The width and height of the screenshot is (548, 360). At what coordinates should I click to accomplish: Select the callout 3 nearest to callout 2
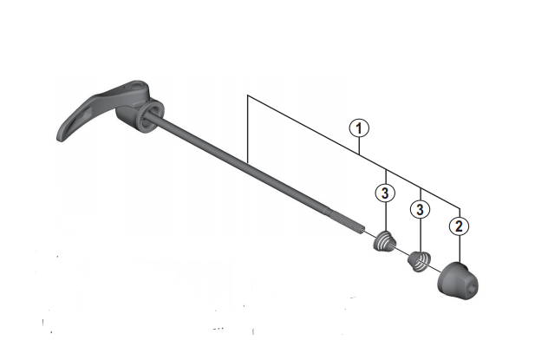point(421,210)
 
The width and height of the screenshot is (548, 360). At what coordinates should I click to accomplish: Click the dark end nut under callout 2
point(457,278)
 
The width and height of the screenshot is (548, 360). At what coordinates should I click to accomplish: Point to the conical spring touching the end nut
point(420,259)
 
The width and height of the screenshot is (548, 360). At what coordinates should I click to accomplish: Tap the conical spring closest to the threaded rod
point(383,241)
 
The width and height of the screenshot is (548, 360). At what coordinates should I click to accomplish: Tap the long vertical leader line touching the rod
point(248,130)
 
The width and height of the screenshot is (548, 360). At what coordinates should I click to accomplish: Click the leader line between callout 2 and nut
point(458,248)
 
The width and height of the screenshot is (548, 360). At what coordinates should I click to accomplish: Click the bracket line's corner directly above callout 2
point(458,206)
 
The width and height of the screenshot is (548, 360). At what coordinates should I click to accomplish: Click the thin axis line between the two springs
point(402,251)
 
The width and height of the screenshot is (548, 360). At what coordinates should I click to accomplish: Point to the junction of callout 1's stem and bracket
point(361,154)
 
